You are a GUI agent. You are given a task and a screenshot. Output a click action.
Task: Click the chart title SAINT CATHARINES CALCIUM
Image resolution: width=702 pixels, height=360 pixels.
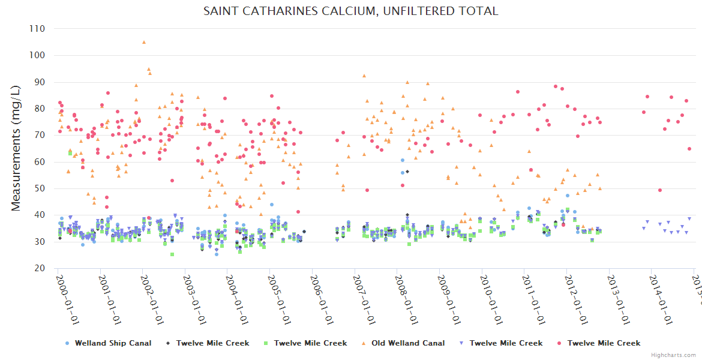coord(351,11)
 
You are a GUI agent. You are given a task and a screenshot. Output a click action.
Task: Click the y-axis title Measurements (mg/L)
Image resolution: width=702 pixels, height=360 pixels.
coord(16,148)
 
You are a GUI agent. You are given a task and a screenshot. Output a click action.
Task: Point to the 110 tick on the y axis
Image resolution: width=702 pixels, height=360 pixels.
coord(37,29)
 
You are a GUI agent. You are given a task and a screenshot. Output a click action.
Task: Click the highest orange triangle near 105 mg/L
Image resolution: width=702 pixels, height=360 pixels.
coord(144,42)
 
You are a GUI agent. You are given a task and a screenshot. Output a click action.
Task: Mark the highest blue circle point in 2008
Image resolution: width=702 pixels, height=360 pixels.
coord(403,160)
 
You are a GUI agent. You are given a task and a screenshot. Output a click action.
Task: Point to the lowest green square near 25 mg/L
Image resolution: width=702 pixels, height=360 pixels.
coord(172,254)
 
